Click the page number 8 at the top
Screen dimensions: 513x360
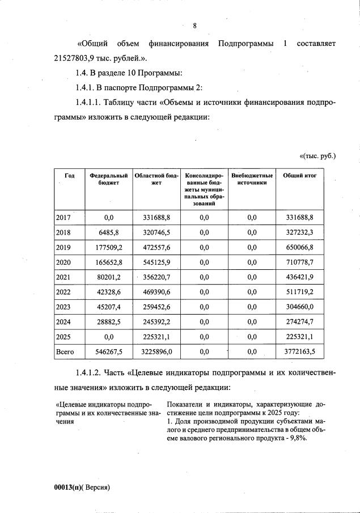(194, 26)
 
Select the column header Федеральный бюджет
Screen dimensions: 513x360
(109, 180)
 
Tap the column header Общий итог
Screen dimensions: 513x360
(299, 176)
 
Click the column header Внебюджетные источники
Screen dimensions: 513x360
(252, 180)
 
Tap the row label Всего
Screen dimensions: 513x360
(65, 351)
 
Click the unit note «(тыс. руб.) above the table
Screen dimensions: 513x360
(317, 155)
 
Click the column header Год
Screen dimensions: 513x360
(69, 176)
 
